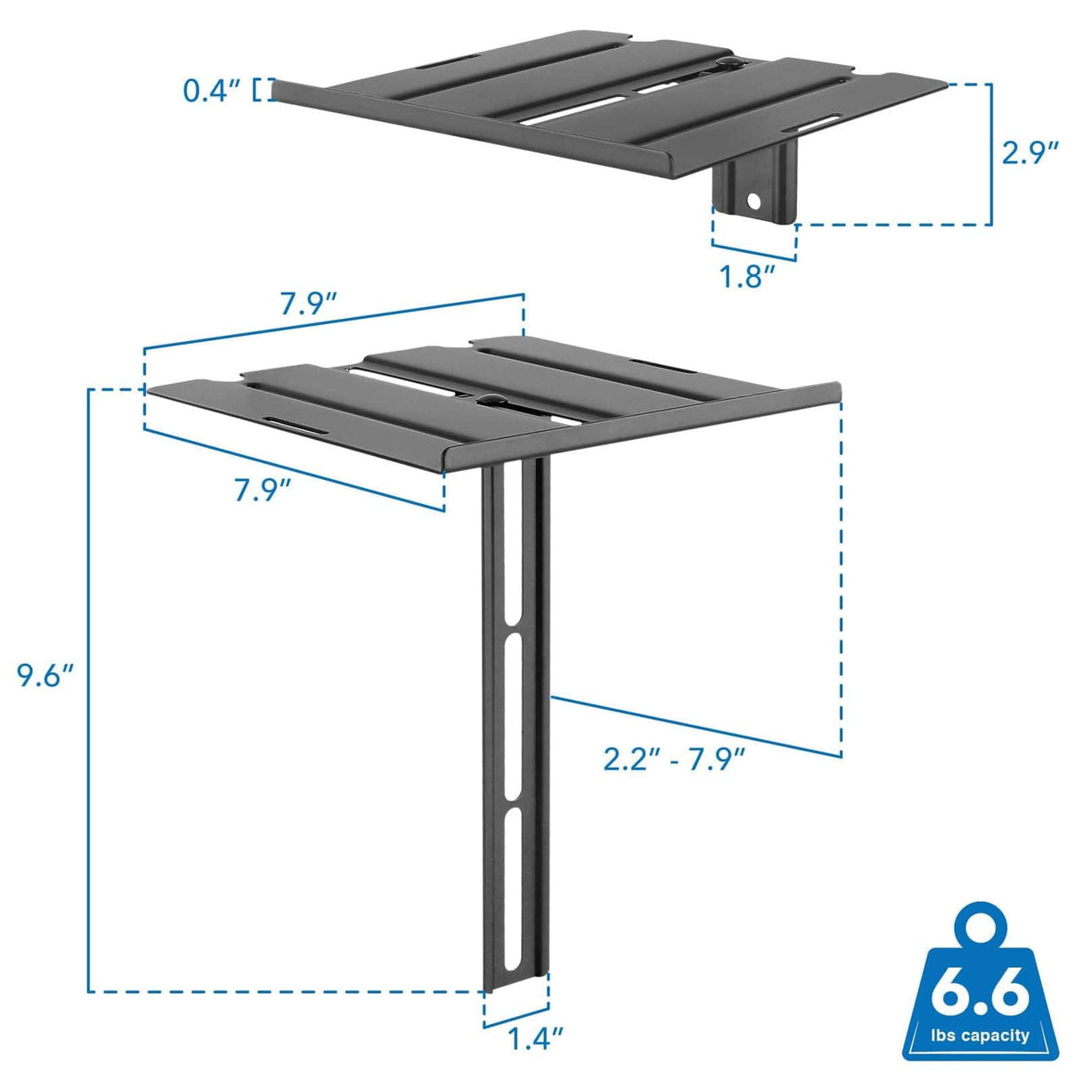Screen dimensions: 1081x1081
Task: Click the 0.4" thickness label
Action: [211, 90]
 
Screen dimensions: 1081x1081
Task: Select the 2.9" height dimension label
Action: [1030, 152]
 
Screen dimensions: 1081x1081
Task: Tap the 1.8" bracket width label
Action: [745, 276]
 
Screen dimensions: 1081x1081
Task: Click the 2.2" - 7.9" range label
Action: [673, 760]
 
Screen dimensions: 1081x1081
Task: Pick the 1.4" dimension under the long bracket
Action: [536, 1038]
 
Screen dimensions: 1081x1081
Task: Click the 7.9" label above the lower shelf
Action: [308, 304]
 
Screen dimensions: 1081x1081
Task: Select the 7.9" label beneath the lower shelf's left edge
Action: [263, 489]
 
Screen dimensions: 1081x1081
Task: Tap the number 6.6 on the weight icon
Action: [980, 994]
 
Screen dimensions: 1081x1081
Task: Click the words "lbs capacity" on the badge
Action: [980, 1036]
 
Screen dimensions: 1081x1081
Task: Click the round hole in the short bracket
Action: [755, 201]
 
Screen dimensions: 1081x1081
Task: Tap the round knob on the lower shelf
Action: [488, 398]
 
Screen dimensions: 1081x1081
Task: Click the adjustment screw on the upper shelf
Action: [727, 63]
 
